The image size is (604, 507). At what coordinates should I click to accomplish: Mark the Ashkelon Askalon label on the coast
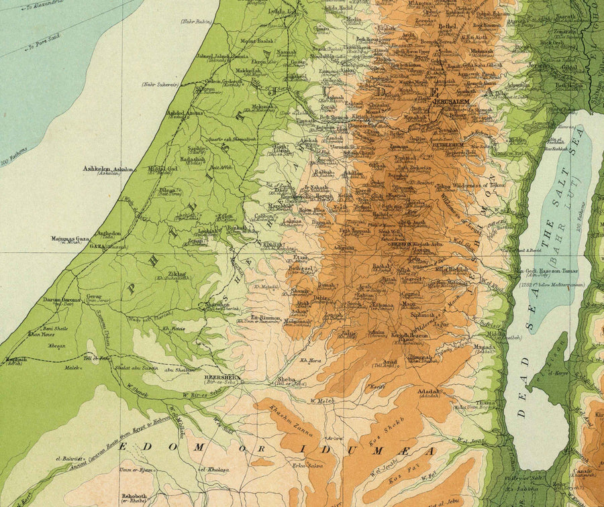pyautogui.click(x=109, y=170)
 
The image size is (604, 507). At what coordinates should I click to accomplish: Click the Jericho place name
pyautogui.click(x=539, y=66)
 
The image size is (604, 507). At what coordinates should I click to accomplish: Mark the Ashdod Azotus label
pyautogui.click(x=183, y=113)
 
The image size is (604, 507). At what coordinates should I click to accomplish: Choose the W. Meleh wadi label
pyautogui.click(x=322, y=401)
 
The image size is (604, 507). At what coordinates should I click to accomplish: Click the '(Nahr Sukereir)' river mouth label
pyautogui.click(x=159, y=84)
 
